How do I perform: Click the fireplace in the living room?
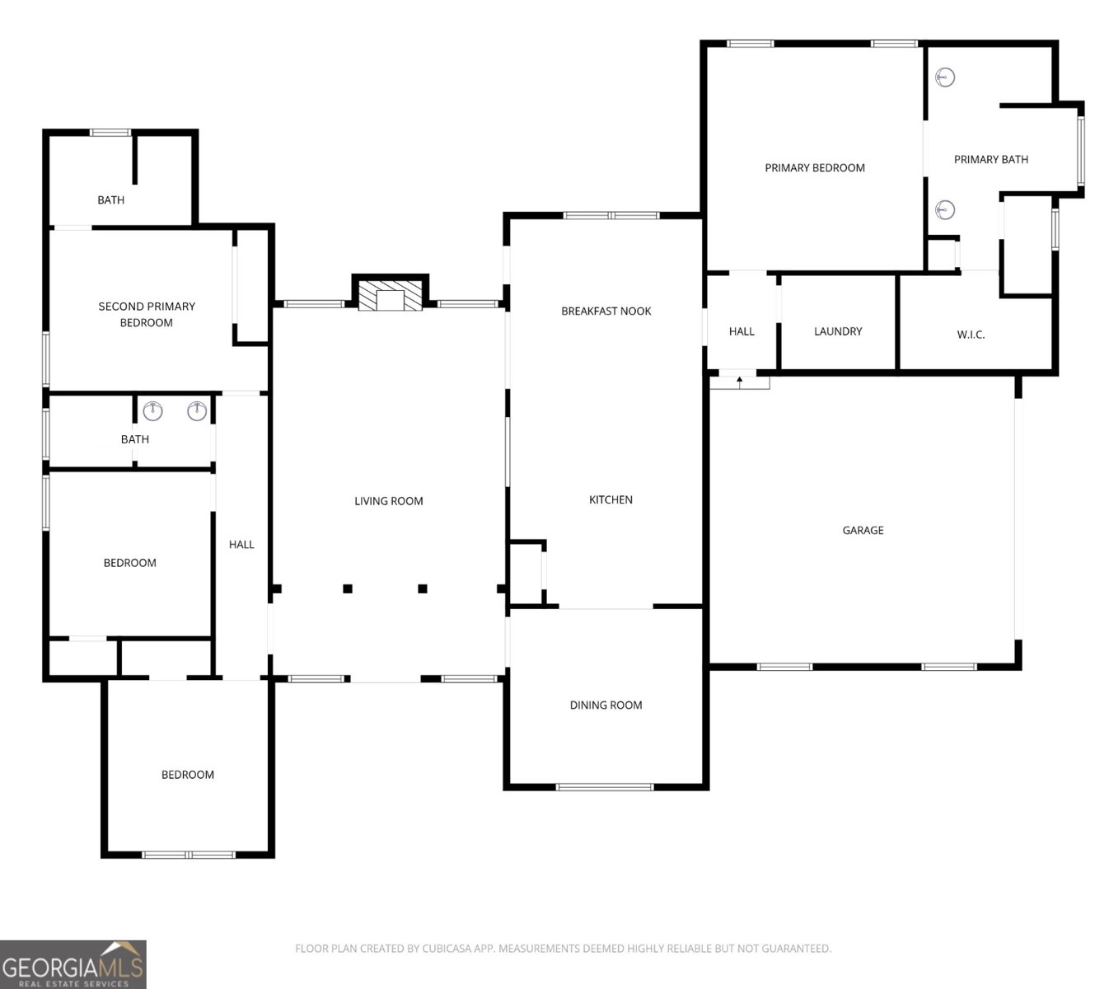coord(390,295)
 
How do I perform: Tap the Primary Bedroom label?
coord(815,168)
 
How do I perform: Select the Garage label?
coord(863,530)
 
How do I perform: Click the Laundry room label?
coord(837,331)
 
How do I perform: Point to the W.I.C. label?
coord(971,335)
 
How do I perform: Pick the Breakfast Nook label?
coord(606,311)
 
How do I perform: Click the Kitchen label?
coord(611,499)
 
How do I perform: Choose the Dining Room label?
coord(606,705)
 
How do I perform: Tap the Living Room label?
coord(389,501)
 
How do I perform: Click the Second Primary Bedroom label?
coord(146,314)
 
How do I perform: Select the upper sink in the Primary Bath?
coord(945,77)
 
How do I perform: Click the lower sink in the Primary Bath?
coord(945,209)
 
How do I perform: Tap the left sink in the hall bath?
coord(152,410)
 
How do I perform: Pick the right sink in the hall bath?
coord(197,410)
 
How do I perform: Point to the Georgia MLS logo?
coord(73,964)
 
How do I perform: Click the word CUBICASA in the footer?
coord(445,949)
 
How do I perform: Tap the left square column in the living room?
coord(348,588)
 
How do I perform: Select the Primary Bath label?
coord(990,159)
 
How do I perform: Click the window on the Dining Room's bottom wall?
coord(605,787)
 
